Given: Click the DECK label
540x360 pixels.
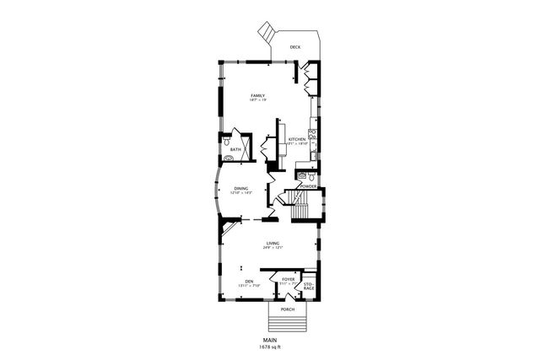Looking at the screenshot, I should (x=294, y=47).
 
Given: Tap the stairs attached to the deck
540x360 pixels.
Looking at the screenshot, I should (x=267, y=33).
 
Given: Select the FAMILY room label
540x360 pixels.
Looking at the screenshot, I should (x=257, y=97).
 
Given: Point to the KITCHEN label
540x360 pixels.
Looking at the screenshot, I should (x=296, y=139).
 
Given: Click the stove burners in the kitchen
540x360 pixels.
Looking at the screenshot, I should (x=312, y=134).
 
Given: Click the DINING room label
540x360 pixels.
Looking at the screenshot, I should (x=241, y=189).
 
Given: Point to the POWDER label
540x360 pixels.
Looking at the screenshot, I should (x=308, y=185).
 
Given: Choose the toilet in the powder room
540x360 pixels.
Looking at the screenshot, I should (x=313, y=177).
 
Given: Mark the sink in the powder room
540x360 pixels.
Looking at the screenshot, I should (x=301, y=175).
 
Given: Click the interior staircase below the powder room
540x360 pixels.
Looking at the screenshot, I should (x=297, y=202).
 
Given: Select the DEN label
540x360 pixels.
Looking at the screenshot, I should (x=249, y=282).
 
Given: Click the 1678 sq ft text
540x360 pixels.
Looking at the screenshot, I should (x=270, y=347).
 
